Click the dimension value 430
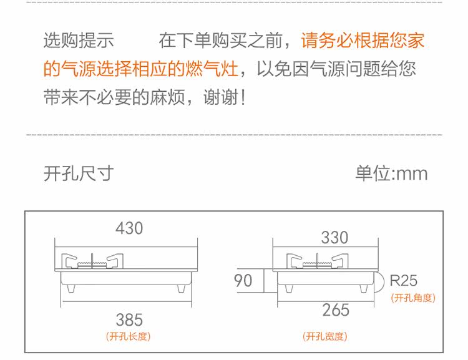129,228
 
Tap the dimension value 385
129,320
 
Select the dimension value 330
334,238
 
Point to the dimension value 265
336,309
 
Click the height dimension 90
243,280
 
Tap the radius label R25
403,280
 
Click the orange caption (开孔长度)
129,337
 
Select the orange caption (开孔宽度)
324,337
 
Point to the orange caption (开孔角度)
412,298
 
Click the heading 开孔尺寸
79,173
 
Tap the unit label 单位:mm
392,173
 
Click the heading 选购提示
79,41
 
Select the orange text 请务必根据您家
363,41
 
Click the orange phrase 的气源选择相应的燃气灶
141,69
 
